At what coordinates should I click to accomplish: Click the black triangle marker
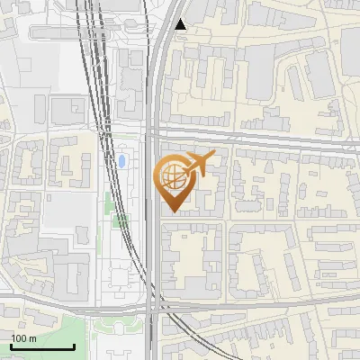click(x=182, y=24)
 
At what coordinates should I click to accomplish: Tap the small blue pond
click(x=121, y=162)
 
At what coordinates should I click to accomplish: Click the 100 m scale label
click(x=23, y=338)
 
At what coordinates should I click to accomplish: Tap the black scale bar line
click(x=41, y=346)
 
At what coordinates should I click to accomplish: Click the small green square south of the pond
click(x=121, y=220)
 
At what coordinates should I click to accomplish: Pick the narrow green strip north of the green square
click(x=108, y=202)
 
